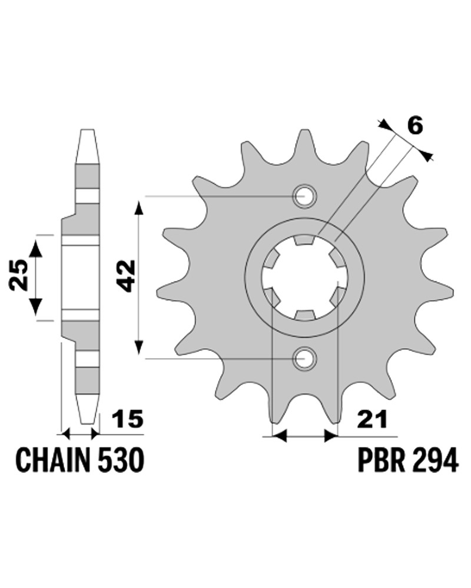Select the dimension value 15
click(x=128, y=419)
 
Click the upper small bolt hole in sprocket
click(x=304, y=196)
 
